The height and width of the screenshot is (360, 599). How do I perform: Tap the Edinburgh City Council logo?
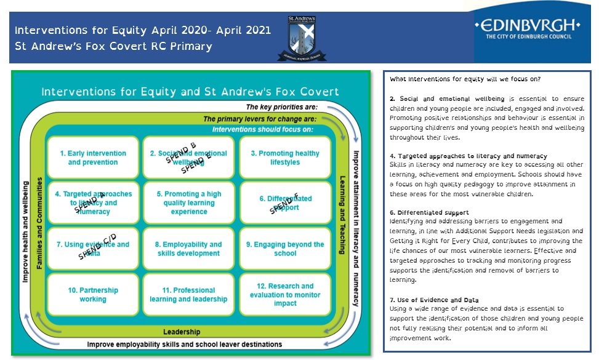click(x=528, y=30)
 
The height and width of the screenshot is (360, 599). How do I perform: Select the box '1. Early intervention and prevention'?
click(x=93, y=158)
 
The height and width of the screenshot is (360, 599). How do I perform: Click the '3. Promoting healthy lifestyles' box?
click(x=285, y=158)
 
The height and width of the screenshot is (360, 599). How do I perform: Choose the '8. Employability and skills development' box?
click(x=189, y=249)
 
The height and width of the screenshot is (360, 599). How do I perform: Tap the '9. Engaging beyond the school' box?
click(x=285, y=249)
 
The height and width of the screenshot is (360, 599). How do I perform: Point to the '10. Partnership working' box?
click(x=93, y=294)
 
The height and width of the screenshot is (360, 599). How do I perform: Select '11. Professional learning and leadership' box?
click(x=189, y=294)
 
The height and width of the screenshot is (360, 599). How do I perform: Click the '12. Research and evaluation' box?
click(x=285, y=294)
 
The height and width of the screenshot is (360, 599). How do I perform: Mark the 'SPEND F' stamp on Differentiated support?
click(x=284, y=204)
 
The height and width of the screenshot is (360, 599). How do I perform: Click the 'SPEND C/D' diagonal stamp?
click(x=98, y=246)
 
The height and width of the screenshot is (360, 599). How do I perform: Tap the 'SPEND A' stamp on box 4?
click(x=90, y=201)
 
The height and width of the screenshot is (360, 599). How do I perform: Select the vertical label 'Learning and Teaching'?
click(x=343, y=215)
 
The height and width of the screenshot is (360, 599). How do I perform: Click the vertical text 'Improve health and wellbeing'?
click(x=25, y=231)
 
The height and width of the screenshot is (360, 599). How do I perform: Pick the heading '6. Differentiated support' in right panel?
click(x=420, y=212)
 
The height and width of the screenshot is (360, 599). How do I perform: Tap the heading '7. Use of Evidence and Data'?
click(x=425, y=300)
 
